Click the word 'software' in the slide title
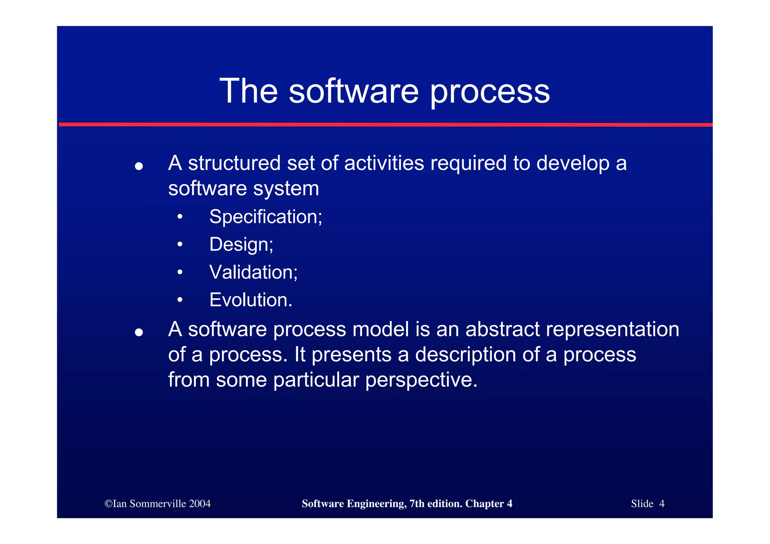(353, 91)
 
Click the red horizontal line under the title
(385, 124)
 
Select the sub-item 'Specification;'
(265, 217)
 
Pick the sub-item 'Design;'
(241, 245)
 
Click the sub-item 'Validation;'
(253, 272)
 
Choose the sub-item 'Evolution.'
(251, 300)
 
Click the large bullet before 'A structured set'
(139, 166)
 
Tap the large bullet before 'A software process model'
(139, 332)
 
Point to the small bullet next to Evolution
(180, 300)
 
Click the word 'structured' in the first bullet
(234, 164)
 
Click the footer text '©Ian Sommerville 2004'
(158, 504)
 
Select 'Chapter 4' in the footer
(488, 504)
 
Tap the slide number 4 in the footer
(662, 504)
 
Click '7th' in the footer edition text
(417, 504)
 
